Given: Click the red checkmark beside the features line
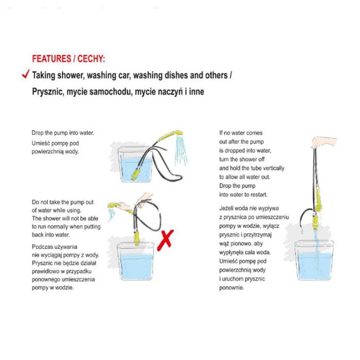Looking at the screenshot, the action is coord(26,74).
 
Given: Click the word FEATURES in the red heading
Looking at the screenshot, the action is coord(51,59).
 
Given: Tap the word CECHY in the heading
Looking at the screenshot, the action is coord(91,59).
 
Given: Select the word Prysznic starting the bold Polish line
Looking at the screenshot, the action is coord(47,92).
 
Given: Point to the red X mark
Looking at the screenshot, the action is coord(165,240).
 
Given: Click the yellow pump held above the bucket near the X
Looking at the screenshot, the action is coord(137,238).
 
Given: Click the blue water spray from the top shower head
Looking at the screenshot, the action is coord(181,150).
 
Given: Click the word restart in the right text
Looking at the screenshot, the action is coord(259,195).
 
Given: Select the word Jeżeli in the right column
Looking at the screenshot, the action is coord(226,208).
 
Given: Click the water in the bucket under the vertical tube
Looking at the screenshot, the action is coord(315,266).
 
